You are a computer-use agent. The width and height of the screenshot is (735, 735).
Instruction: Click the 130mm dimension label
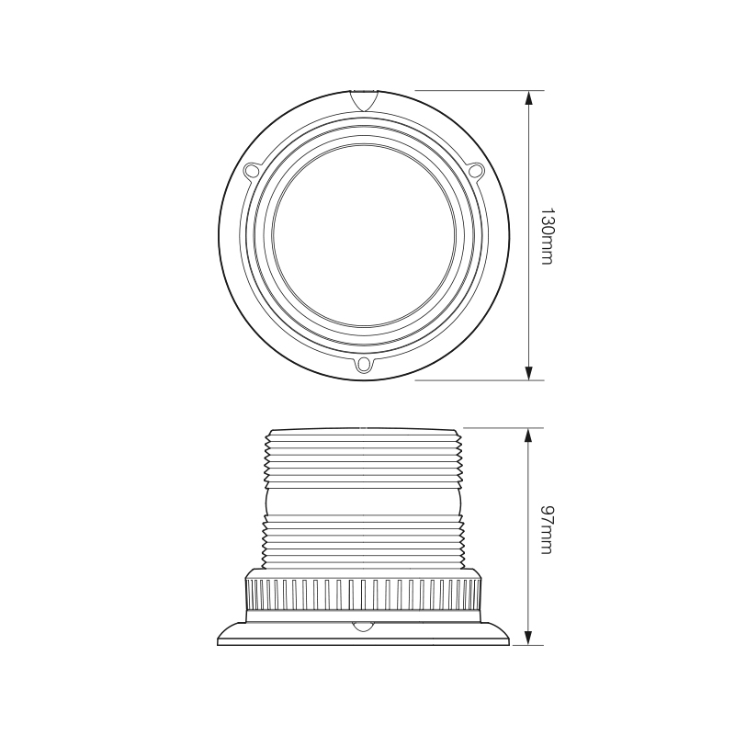click(547, 235)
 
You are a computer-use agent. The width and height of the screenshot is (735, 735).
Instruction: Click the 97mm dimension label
click(547, 530)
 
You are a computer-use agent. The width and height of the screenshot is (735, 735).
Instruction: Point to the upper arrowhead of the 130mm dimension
click(529, 97)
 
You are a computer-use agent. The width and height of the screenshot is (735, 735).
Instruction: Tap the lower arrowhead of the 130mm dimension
click(529, 372)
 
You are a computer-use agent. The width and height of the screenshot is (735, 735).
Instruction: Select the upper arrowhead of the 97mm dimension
click(529, 435)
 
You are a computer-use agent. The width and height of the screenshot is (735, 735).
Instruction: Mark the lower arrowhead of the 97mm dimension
click(529, 638)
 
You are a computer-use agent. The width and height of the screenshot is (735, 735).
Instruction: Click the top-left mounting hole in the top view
click(252, 171)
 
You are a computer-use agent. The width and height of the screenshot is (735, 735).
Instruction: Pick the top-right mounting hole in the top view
click(475, 170)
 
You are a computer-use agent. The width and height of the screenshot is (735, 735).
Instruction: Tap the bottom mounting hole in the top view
click(364, 365)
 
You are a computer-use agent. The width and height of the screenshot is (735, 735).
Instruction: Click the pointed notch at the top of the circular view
click(364, 100)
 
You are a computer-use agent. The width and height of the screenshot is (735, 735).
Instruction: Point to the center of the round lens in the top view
click(364, 234)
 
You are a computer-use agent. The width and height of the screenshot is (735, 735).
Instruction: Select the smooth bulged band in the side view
click(364, 500)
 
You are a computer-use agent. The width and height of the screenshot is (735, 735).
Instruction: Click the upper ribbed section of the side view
click(364, 459)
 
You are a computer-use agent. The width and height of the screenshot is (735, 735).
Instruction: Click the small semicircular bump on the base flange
click(364, 627)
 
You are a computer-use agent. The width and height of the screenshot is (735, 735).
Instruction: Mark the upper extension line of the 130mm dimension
click(478, 90)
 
